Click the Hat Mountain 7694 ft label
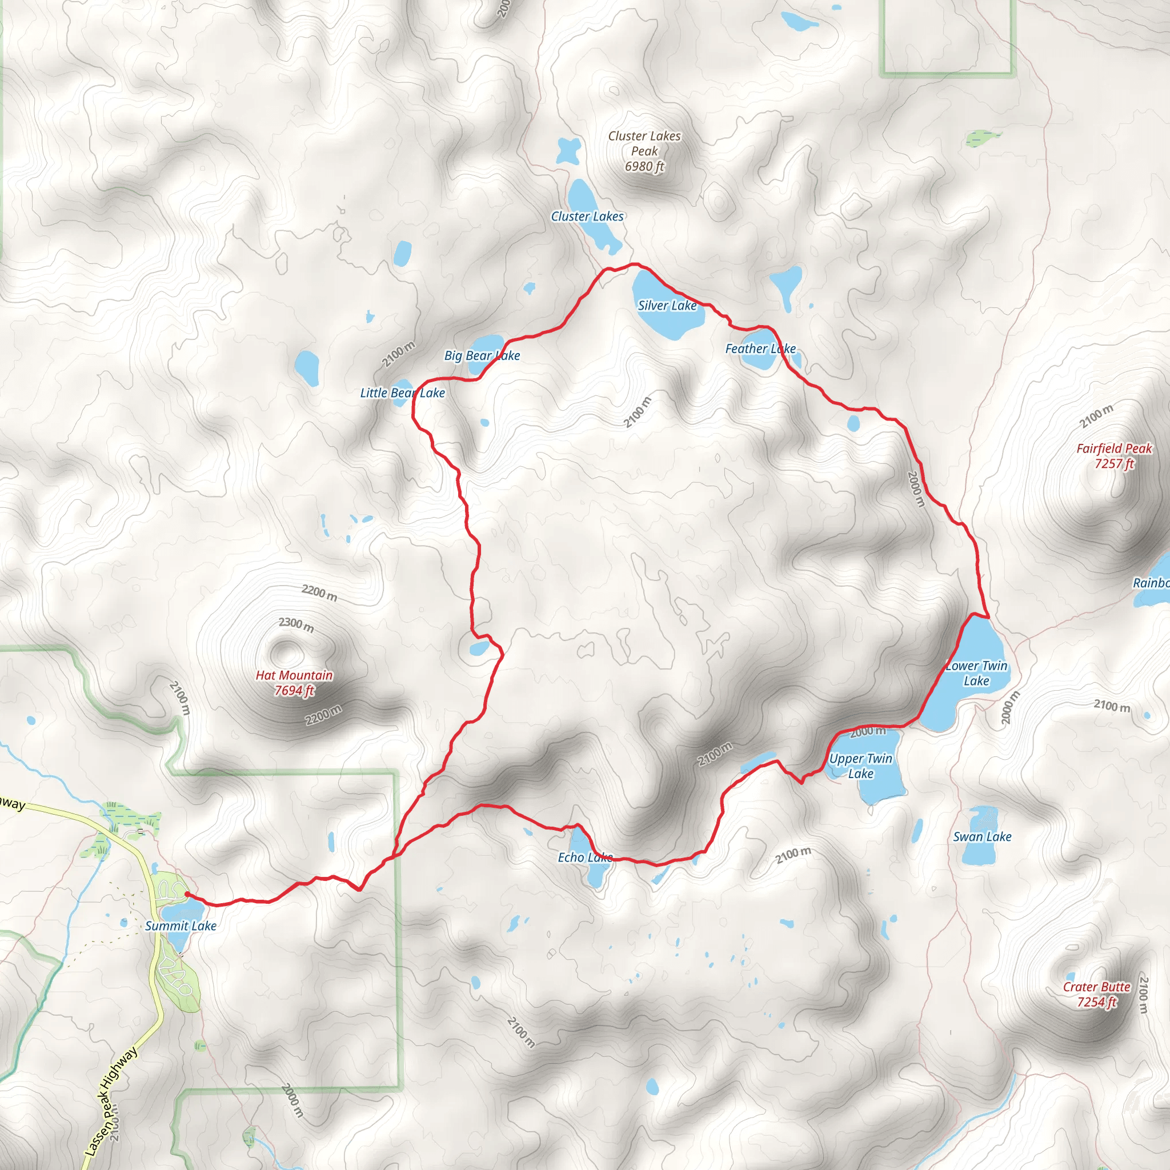coord(294,683)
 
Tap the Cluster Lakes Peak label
coord(644,151)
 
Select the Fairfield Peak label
coord(1113,456)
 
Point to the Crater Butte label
coord(1097,995)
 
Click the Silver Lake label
coord(667,306)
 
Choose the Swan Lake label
coord(981,837)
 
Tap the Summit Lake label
coord(181,926)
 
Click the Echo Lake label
coord(585,858)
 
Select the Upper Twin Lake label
coord(860,766)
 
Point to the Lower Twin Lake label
coord(976,673)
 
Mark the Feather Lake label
coord(760,349)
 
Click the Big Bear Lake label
coord(482,355)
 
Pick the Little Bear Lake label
coord(402,393)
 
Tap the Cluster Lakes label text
coord(587,216)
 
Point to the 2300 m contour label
coord(296,624)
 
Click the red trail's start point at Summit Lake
coord(186,893)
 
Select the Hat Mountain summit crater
coord(282,651)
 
